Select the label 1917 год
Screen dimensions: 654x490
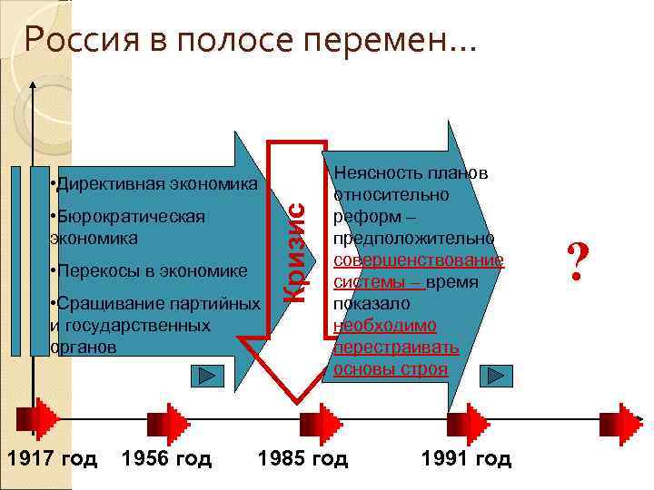[52, 458]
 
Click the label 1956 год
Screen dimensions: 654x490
[166, 458]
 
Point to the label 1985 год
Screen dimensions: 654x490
[302, 458]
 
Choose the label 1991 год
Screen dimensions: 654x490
[466, 458]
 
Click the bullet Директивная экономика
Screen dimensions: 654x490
[155, 184]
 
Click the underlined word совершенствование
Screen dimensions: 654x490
[419, 260]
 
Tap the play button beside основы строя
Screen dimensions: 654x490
[495, 376]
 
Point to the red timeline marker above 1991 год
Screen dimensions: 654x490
[470, 420]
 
